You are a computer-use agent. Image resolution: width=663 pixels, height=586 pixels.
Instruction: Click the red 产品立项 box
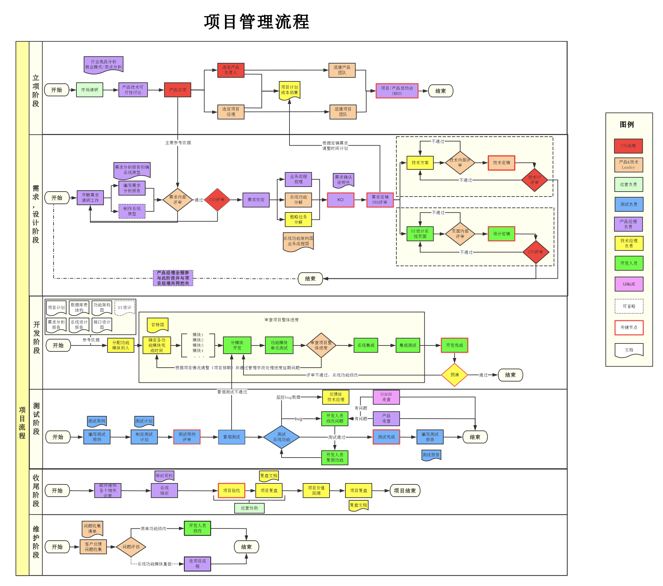[178, 90]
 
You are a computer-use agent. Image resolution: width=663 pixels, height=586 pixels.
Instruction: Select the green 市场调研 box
[90, 90]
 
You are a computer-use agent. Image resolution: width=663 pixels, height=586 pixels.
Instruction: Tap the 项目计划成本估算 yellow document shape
[289, 90]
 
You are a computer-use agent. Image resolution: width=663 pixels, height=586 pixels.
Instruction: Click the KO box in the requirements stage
[340, 200]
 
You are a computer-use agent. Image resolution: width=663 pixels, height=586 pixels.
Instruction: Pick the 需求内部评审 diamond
[178, 200]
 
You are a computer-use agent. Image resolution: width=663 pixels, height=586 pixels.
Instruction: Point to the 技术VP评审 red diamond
[534, 180]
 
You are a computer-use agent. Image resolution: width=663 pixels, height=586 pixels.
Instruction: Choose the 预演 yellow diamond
[455, 375]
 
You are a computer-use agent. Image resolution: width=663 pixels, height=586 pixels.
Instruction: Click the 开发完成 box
[454, 345]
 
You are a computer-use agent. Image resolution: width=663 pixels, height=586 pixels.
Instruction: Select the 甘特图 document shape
[157, 325]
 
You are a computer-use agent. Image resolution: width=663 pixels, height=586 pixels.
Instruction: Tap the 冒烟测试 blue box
[232, 437]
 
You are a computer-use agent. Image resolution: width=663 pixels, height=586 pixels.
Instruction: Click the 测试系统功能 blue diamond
[282, 437]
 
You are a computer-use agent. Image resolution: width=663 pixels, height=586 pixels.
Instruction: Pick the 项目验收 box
[232, 490]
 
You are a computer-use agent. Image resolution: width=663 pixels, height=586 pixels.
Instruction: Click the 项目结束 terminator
[405, 490]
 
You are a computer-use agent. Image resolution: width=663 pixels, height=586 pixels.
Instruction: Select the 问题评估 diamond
[131, 547]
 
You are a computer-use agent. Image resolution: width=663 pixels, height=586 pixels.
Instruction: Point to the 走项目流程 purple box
[197, 563]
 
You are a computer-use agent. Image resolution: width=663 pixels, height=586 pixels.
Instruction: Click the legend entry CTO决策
[628, 146]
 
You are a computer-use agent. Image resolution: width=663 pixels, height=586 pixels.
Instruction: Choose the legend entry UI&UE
[629, 284]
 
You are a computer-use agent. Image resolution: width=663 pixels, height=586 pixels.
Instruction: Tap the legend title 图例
[627, 124]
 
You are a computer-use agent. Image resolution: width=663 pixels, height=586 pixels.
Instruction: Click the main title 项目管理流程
[256, 22]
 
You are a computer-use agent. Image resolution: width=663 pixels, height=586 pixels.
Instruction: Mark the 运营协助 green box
[249, 508]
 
